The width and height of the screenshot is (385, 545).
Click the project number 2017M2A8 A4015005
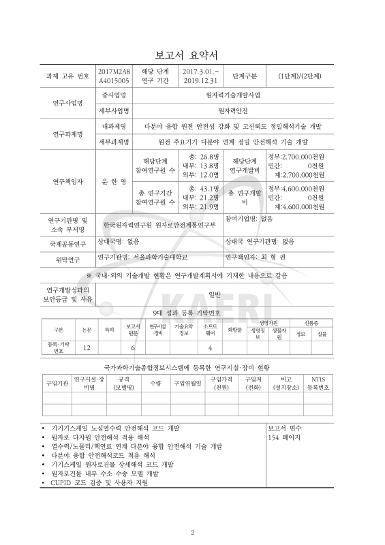coord(114,76)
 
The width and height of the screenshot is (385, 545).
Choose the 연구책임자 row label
coord(65,182)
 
